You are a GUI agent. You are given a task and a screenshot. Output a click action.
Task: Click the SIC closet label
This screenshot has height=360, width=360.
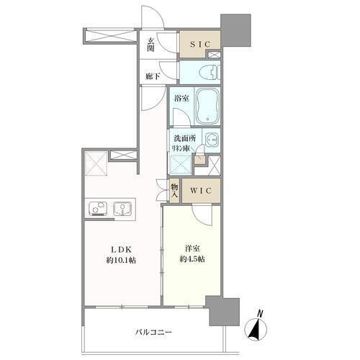200,44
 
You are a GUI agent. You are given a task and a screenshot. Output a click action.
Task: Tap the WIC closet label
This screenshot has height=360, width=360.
201,191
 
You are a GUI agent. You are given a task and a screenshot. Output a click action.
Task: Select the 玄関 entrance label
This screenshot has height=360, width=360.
150,45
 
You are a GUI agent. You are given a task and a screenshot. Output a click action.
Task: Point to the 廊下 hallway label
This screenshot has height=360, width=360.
153,76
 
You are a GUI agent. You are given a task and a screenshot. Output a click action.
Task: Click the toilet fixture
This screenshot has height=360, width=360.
210,72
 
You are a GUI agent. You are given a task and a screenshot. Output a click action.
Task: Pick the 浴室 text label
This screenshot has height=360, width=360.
181,98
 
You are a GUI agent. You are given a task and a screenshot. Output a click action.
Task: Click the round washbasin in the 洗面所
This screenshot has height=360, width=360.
212,140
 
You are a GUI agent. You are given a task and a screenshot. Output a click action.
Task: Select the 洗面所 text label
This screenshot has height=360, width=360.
185,138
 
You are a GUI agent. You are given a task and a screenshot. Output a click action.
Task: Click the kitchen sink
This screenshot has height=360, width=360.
122,209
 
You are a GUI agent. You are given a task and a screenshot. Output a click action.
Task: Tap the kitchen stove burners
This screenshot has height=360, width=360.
98,209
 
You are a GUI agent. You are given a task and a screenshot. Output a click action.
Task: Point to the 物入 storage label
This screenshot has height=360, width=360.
174,191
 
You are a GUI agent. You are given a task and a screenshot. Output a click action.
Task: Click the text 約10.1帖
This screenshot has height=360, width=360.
121,260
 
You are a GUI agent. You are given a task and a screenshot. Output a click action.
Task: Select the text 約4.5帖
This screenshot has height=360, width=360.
192,259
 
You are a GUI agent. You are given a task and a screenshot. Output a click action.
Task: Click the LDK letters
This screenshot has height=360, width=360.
121,250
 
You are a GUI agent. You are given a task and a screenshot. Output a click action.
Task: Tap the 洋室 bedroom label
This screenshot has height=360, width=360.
192,248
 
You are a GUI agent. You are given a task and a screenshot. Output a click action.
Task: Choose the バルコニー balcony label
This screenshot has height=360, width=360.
153,332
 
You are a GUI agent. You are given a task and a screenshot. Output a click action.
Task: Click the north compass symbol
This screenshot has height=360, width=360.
256,326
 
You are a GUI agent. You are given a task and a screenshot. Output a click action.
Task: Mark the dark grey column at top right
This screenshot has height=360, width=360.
235,30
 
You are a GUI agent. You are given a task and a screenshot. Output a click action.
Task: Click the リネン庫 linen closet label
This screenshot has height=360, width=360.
181,148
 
